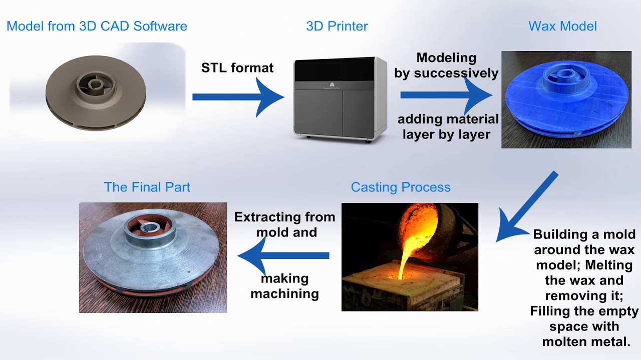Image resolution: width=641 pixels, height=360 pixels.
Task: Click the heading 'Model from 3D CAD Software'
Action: click(97, 26)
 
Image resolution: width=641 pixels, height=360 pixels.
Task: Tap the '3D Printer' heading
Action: click(337, 26)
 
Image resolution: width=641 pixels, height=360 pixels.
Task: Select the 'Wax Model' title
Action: click(562, 26)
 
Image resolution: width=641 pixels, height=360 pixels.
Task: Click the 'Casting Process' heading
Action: click(401, 187)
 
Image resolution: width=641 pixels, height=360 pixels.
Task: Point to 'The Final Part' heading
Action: click(147, 187)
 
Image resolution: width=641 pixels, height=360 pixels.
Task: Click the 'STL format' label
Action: click(237, 67)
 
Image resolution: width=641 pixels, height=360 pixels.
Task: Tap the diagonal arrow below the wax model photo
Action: click(526, 207)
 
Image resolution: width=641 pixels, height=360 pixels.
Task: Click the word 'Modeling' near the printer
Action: click(446, 57)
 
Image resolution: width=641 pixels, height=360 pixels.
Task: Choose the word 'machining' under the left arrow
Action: click(284, 293)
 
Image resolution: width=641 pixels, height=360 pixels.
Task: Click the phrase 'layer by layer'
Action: click(446, 134)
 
